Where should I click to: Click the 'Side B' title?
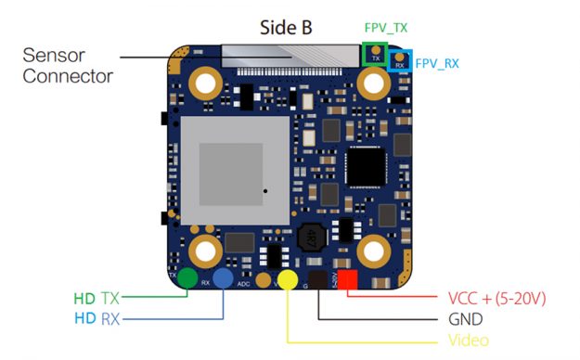pyautogui.click(x=287, y=30)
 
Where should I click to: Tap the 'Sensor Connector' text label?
pyautogui.click(x=68, y=65)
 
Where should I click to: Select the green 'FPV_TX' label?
pyautogui.click(x=386, y=29)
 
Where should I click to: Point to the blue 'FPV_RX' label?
pyautogui.click(x=436, y=64)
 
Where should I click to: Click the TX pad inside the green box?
pyautogui.click(x=376, y=52)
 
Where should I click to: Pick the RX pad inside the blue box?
pyautogui.click(x=399, y=61)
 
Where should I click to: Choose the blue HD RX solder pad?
pyautogui.click(x=223, y=277)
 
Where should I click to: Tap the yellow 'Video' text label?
pyautogui.click(x=468, y=341)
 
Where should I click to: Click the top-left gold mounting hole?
pyautogui.click(x=204, y=84)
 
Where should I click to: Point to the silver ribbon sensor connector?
pyautogui.click(x=288, y=58)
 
